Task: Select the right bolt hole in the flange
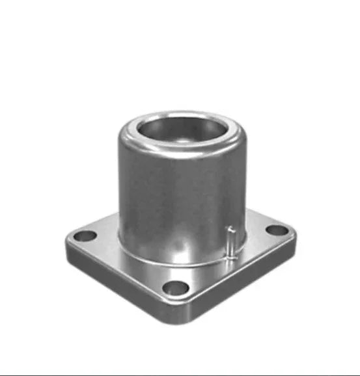pyautogui.click(x=277, y=230)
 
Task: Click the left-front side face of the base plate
pyautogui.click(x=124, y=286)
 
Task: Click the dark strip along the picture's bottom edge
pyautogui.click(x=180, y=374)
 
